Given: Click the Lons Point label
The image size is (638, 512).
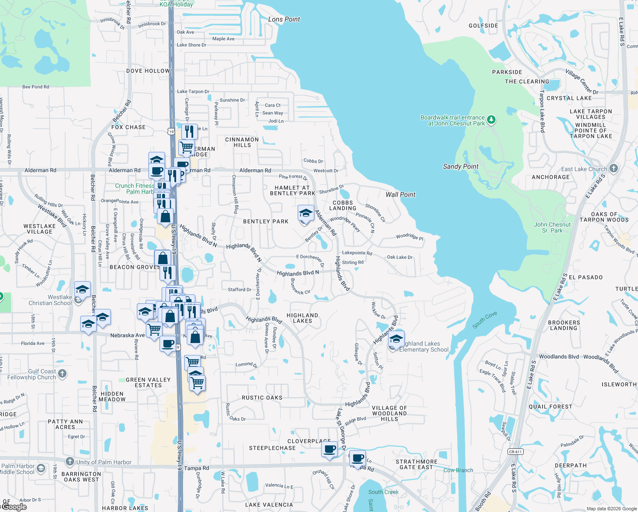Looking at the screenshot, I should pos(284,19).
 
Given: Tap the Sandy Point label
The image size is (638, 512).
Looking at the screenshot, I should pos(461,166).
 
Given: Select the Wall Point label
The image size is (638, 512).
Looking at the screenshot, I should pos(400,195).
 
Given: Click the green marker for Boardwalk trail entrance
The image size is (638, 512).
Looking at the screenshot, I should pos(491,120).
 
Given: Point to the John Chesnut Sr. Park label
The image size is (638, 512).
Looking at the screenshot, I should pos(552,227).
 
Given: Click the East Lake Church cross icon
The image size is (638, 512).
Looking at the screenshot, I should pos(614,168).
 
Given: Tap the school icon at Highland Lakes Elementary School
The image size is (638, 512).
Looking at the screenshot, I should pos(396,339).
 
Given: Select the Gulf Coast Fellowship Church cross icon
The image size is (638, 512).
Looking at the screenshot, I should pos(62,374).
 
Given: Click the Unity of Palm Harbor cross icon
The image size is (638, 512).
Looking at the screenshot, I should pos(70,462).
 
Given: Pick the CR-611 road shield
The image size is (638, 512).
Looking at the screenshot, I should pos(515,451).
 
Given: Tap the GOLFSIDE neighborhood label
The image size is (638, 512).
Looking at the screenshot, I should pos(483,26).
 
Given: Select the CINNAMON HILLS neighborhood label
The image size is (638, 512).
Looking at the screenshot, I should pos(242,142).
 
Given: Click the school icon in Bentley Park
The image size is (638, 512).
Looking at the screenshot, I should pos(306,213).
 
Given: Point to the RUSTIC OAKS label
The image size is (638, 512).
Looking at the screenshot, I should pos(262,398).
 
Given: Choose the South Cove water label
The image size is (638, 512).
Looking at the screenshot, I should pos(485,320).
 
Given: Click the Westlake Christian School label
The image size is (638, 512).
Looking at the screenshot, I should pos(50,300).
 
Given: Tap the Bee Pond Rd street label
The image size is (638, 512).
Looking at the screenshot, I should pos(35,87).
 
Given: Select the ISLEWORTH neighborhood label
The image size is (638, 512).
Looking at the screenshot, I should pos(619,384).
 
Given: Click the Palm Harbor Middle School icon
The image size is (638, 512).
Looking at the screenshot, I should pos(41,468).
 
